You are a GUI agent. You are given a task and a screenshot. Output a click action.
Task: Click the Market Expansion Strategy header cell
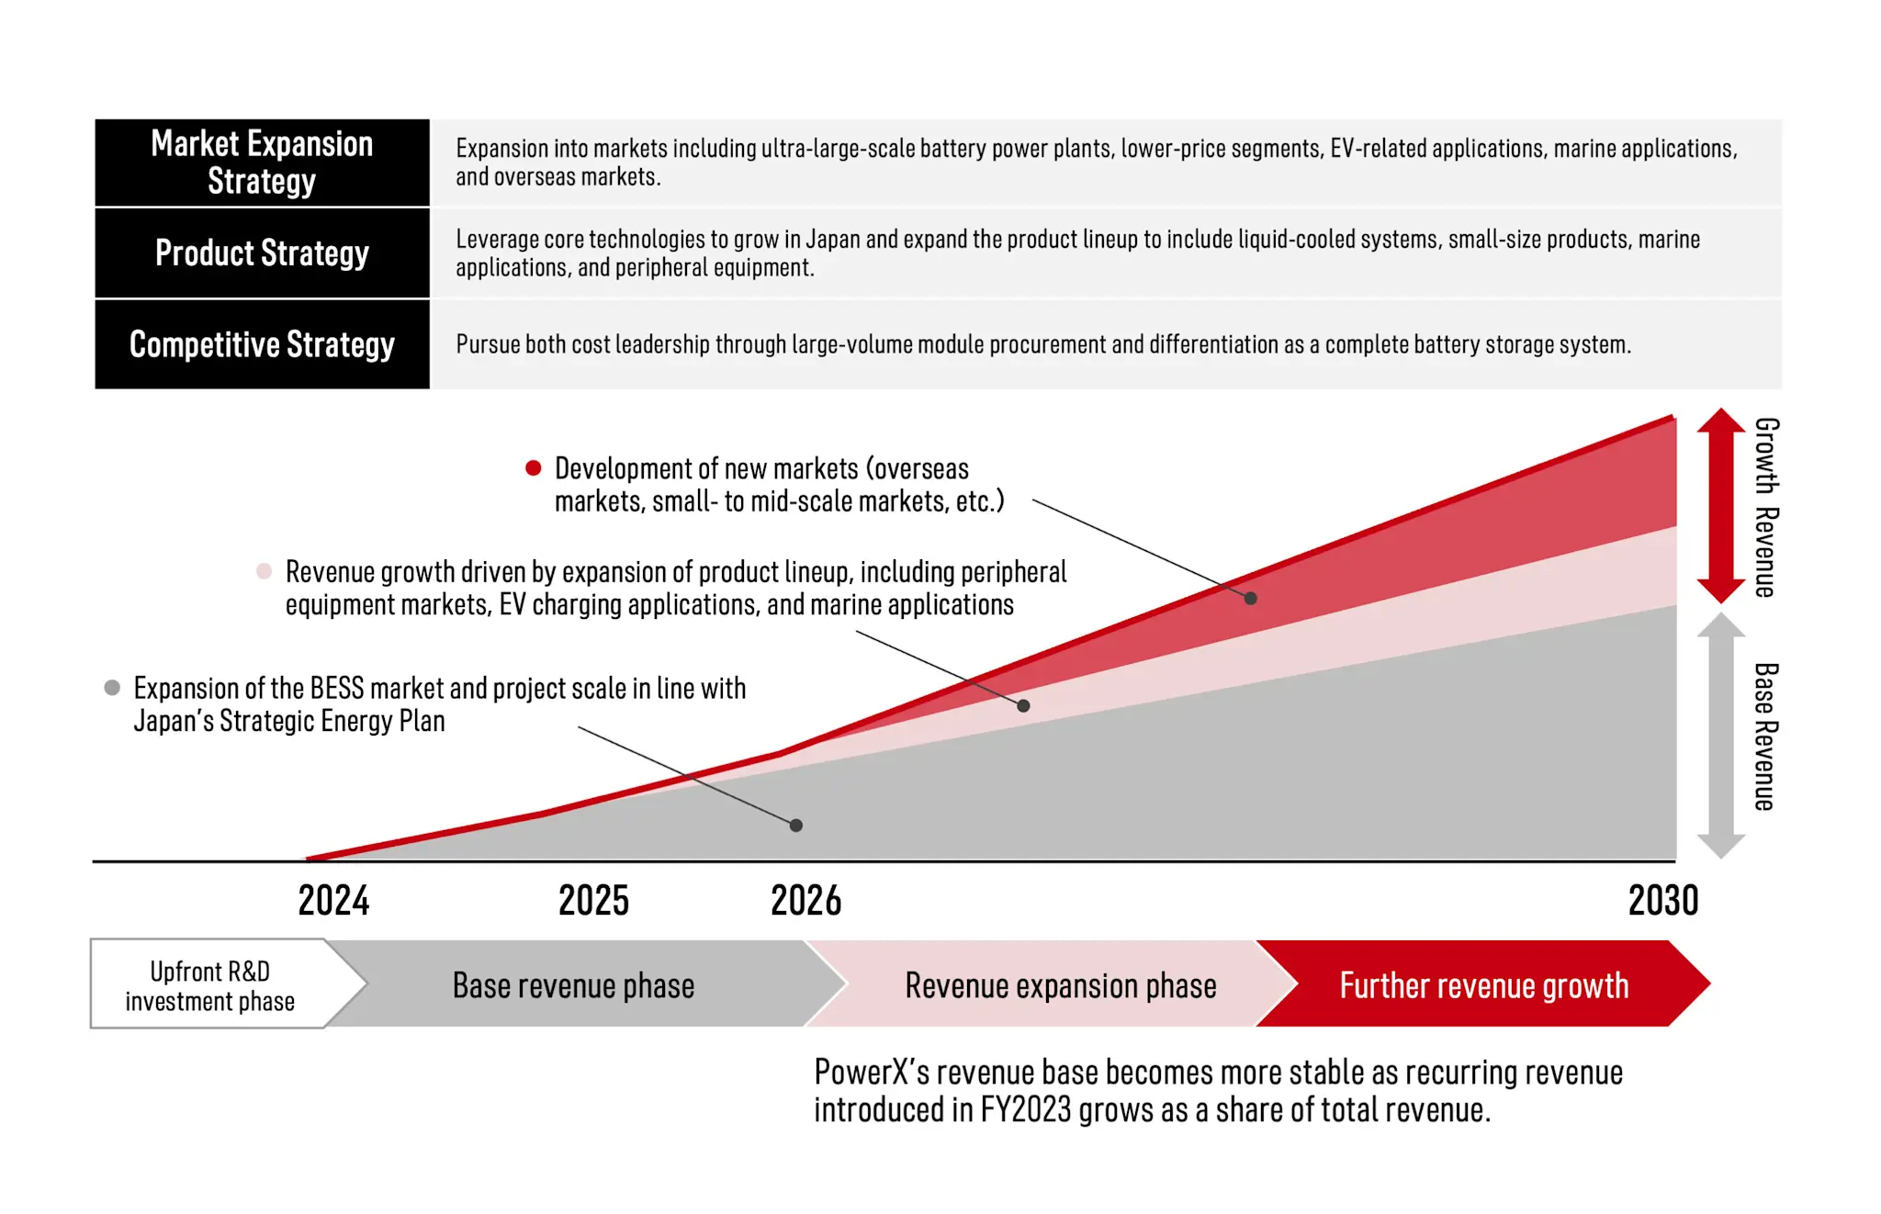point(262,163)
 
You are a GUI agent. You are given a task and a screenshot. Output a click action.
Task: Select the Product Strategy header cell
point(262,253)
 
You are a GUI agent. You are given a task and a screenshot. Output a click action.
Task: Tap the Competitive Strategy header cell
point(262,344)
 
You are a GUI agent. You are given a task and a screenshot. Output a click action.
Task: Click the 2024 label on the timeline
point(333,901)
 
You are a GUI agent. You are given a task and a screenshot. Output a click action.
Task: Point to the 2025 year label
point(593,901)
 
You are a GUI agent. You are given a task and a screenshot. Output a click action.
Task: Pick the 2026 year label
point(805,901)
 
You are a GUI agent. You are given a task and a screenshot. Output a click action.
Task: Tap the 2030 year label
point(1663,901)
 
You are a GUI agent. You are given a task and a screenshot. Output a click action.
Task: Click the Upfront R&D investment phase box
point(210,985)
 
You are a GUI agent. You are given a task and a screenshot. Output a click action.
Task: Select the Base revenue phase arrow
point(574,985)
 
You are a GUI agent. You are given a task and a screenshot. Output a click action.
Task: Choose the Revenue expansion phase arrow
point(1061,985)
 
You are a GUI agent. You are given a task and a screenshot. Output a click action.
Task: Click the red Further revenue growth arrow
point(1483,985)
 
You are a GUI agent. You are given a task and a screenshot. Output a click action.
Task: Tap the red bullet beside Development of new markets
point(533,468)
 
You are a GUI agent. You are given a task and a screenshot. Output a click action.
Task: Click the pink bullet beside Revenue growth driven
point(264,571)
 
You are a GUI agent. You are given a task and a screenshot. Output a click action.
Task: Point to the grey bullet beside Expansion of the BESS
point(112,688)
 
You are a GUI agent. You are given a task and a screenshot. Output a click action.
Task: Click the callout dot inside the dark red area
point(1250,598)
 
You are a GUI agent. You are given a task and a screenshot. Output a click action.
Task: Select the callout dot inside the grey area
point(796,826)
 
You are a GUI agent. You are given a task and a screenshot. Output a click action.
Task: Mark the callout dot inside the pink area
point(1023,705)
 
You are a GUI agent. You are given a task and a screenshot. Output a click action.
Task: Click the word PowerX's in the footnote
point(870,1073)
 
